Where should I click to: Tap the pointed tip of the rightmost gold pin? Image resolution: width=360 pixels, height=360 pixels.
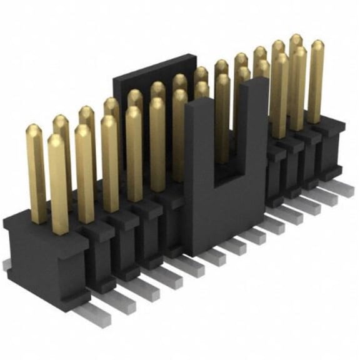pos(317,44)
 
